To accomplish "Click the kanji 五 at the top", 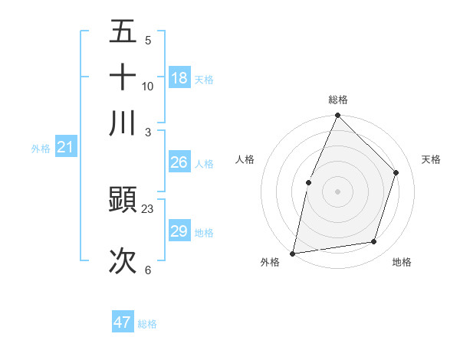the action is tap(123, 31).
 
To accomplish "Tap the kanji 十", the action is tap(123, 77).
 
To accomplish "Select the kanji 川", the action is tap(123, 123).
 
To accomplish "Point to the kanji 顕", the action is tap(123, 201).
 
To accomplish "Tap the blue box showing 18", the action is tap(179, 78).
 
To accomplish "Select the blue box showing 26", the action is tap(179, 162).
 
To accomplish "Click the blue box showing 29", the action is tap(179, 231).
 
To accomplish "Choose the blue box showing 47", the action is tap(123, 322).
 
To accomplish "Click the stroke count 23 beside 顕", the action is tap(148, 208).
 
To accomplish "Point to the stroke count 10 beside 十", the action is tap(148, 86).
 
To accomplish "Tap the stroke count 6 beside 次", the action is tap(148, 270).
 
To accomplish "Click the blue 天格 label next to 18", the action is tap(204, 79).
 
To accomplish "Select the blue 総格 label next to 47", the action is tap(147, 323).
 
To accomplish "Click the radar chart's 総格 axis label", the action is tap(338, 100).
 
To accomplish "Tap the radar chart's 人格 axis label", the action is tap(245, 159).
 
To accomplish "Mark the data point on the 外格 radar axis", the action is tap(292, 253).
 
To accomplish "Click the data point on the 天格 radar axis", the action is tap(396, 172).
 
